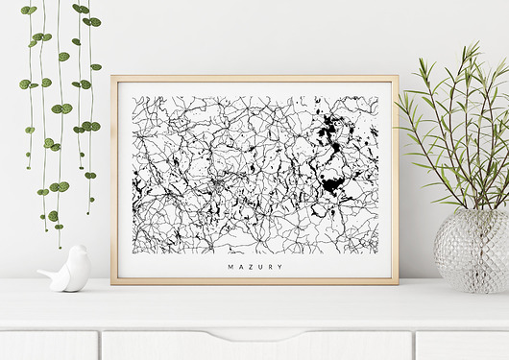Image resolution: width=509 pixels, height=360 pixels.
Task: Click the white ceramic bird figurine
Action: click(66, 270)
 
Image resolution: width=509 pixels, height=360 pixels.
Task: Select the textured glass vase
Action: click(471, 251)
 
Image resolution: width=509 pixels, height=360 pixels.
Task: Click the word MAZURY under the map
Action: click(254, 268)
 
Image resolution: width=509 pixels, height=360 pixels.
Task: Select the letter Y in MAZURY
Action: click(280, 268)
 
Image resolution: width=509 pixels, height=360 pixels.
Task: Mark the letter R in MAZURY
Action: click(270, 268)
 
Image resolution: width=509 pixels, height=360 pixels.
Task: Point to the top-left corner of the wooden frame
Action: click(111, 77)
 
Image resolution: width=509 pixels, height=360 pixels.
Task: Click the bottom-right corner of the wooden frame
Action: click(398, 284)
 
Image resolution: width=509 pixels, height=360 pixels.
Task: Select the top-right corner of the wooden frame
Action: click(398, 77)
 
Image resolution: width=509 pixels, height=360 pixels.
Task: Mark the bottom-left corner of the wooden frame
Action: click(111, 284)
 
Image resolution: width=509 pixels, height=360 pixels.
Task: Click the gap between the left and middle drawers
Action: click(100, 346)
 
